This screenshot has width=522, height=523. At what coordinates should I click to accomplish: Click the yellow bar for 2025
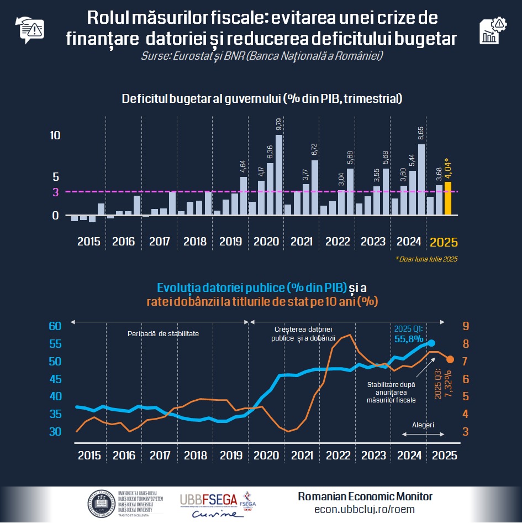[x=448, y=198]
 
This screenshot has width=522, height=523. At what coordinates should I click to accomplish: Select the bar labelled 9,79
[x=279, y=175]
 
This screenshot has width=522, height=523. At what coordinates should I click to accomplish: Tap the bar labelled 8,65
[x=421, y=180]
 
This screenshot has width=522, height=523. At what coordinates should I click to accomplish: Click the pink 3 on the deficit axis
[x=55, y=192]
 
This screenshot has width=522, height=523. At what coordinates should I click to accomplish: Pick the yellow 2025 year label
[x=444, y=242]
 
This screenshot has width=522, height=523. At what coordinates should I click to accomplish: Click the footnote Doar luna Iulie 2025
[x=426, y=259]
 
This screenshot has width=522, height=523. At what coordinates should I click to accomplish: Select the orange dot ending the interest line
[x=450, y=359]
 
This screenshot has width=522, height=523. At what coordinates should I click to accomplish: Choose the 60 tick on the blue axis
[x=55, y=326]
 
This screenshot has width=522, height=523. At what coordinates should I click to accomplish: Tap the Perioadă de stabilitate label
[x=163, y=334]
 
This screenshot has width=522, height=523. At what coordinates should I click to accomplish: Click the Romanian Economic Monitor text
[x=365, y=496]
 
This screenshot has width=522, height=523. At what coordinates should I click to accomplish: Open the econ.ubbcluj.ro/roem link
[x=365, y=509]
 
